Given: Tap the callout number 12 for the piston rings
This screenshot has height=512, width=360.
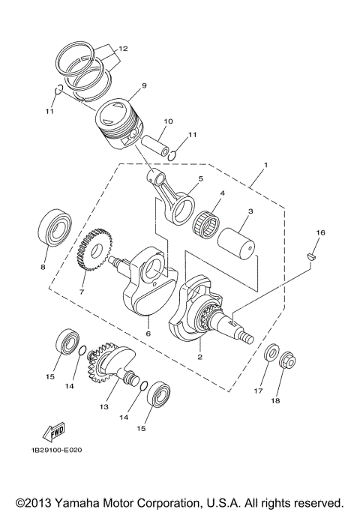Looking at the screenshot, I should pos(122,48).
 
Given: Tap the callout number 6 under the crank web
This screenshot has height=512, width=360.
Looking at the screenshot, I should pos(148,333).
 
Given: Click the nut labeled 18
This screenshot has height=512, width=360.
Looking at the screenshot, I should pos(287,364).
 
